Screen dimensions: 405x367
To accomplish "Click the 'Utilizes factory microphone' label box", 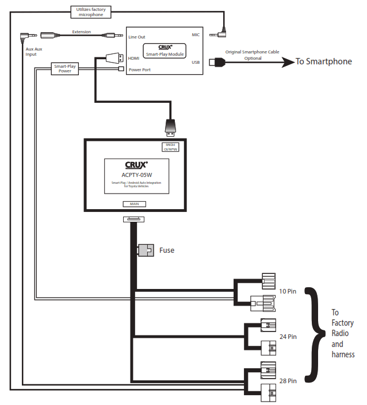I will (x=91, y=11).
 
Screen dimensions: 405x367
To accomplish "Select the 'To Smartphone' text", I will (x=323, y=61).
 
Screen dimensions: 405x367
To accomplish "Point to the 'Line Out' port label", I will (x=137, y=36).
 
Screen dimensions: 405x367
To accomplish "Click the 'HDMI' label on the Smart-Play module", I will (x=133, y=58).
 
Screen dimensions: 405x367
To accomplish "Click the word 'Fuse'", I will (x=166, y=250).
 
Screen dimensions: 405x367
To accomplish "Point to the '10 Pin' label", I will (x=288, y=292).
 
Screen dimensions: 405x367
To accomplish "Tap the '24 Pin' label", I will (x=288, y=336).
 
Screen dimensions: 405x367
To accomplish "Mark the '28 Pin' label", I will (x=288, y=380).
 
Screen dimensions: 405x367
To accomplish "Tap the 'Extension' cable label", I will (x=81, y=32).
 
